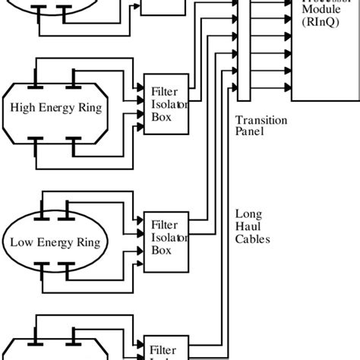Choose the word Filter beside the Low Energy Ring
click(x=165, y=225)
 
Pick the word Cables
click(x=252, y=238)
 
